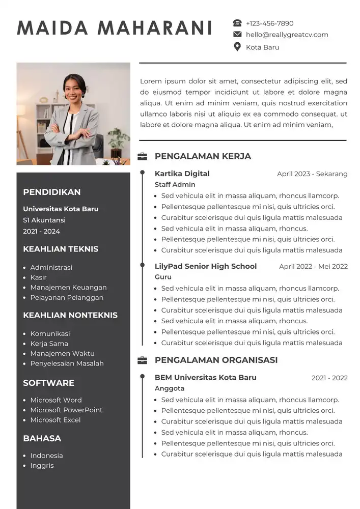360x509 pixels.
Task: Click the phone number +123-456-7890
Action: tap(269, 23)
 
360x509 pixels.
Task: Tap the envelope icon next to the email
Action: tap(237, 35)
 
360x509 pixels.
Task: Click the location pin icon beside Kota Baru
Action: tap(237, 47)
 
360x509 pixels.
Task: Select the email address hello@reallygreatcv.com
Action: tap(287, 35)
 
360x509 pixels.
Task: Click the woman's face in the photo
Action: tap(71, 90)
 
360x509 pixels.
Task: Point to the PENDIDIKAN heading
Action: tap(52, 192)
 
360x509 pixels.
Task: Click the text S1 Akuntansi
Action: tap(44, 220)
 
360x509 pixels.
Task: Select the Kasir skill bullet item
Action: tap(38, 277)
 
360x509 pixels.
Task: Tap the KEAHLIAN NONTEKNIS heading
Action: tap(70, 315)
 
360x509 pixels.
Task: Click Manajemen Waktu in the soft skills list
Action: tap(62, 353)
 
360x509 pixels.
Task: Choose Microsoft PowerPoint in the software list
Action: tap(66, 410)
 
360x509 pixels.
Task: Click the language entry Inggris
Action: tap(42, 465)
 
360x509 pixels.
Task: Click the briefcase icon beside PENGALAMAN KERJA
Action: tap(143, 156)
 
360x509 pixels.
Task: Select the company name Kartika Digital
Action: tap(182, 174)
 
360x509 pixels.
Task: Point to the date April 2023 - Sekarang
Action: tap(312, 174)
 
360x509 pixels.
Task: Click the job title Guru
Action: tap(163, 277)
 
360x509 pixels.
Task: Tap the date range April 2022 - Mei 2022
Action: tap(313, 266)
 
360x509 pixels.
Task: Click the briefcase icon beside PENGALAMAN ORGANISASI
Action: tap(143, 360)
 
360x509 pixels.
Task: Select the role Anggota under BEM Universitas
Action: tap(170, 388)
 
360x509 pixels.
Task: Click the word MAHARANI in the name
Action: tap(155, 28)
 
